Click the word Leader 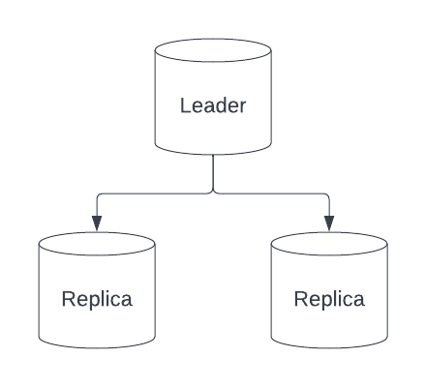coord(213,105)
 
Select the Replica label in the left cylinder coord(97,299)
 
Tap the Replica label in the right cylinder coord(329,299)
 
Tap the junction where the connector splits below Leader coord(213,193)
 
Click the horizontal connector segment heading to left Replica coord(155,193)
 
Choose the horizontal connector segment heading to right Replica coord(271,193)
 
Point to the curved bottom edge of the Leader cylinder coord(213,153)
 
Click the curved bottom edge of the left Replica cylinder coord(97,346)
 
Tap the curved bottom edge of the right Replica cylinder coord(329,346)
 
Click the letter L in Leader coord(185,105)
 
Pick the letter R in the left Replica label coord(68,299)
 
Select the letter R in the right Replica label coord(300,299)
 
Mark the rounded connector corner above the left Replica coord(99,195)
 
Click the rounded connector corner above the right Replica coord(327,195)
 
